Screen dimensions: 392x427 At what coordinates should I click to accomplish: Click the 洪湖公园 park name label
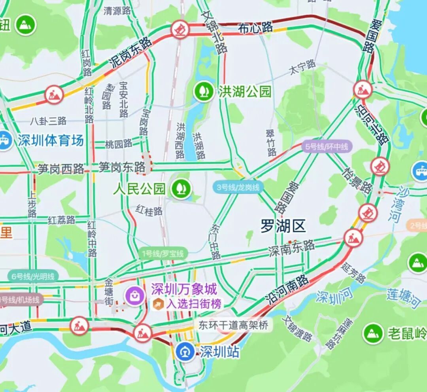(245, 92)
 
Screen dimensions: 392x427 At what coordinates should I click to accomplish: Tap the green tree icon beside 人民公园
(181, 189)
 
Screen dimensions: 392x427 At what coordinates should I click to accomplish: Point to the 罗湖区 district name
(283, 227)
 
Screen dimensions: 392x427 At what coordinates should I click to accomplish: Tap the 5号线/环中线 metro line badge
(327, 147)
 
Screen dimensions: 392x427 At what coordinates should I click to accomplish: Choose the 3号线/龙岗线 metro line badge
(238, 187)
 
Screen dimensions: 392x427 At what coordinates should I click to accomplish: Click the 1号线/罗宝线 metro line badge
(163, 254)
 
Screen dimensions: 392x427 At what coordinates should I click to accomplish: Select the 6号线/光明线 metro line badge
(33, 276)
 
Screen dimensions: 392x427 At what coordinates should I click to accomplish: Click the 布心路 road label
(255, 28)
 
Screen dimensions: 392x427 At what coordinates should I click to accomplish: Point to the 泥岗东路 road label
(130, 52)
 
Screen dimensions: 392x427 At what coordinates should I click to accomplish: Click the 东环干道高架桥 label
(233, 325)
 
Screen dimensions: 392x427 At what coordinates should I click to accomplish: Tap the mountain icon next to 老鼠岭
(373, 333)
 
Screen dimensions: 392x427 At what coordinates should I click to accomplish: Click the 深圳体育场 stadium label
(51, 140)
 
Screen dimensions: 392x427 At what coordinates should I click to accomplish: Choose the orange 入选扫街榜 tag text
(194, 304)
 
